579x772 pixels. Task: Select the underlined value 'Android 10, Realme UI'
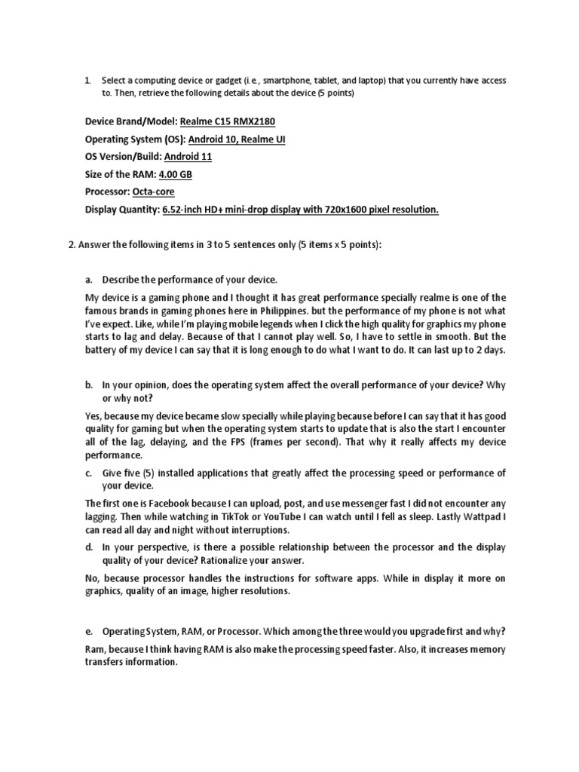[x=237, y=139]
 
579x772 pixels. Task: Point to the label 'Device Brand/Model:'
[x=131, y=121]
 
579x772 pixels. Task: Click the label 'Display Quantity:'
[x=122, y=210]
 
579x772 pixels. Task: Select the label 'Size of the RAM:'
[x=121, y=174]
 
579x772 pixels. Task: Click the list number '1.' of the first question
[x=87, y=80]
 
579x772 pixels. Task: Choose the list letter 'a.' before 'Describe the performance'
[x=88, y=280]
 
